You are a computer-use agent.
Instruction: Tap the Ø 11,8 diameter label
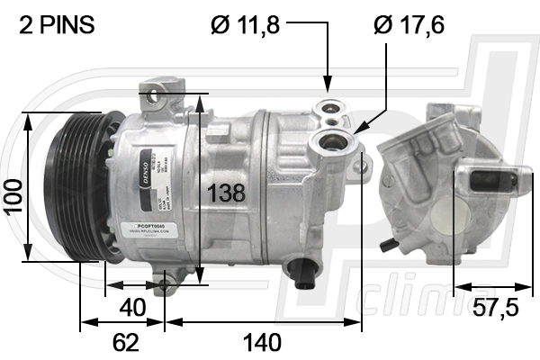pos(246,25)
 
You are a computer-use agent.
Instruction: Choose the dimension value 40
pos(132,306)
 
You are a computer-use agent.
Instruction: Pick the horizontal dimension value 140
pos(263,342)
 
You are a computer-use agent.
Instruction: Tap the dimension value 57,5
pos(495,307)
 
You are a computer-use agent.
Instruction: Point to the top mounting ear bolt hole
pos(157,93)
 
